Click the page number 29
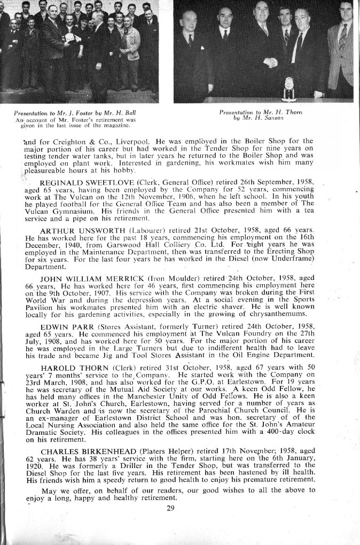[170, 508]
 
